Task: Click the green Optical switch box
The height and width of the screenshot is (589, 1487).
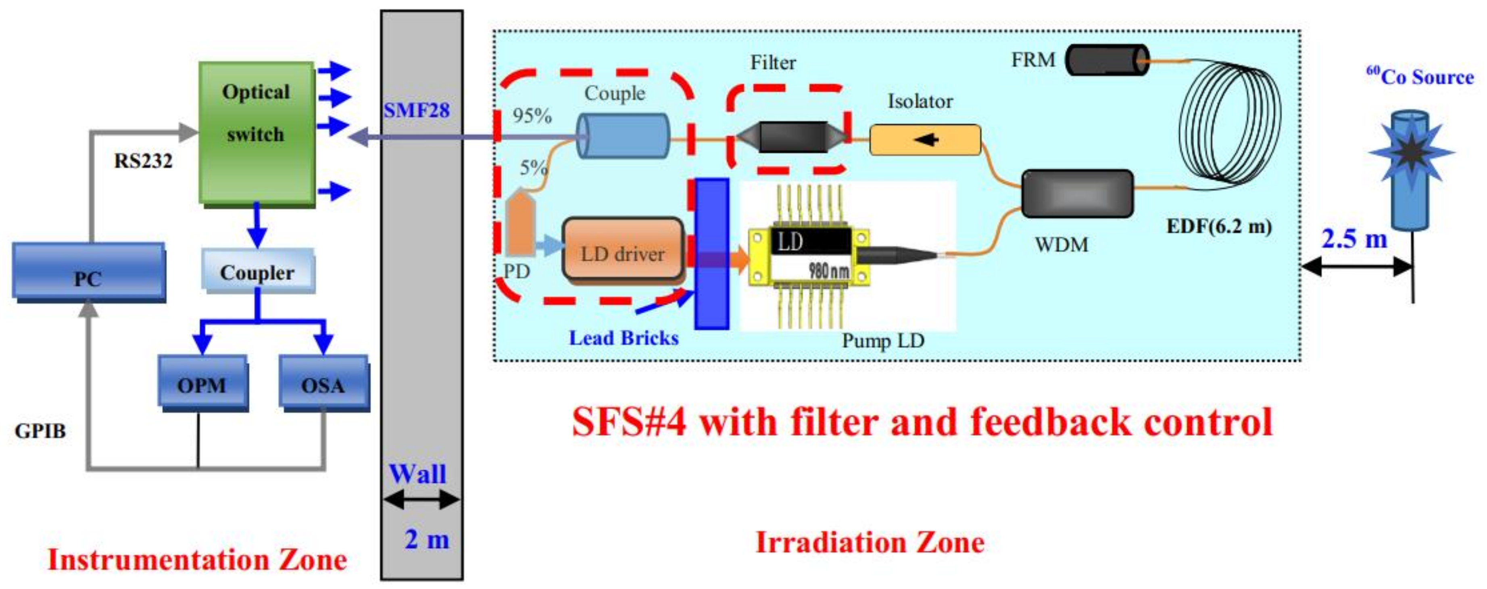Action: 256,133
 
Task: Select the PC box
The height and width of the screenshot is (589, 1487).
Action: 88,271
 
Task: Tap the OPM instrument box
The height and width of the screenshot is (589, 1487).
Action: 202,382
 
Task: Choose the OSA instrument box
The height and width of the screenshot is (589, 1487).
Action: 323,382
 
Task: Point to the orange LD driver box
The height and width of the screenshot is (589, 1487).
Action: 622,251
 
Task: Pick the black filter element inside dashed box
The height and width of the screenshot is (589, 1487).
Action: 793,137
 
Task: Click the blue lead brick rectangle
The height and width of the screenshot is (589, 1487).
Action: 711,254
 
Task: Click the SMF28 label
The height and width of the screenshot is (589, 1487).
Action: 416,110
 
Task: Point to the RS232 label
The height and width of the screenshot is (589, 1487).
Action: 143,161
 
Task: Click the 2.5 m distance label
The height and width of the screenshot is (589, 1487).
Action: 1354,238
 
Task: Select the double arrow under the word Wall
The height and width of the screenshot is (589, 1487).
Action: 421,500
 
